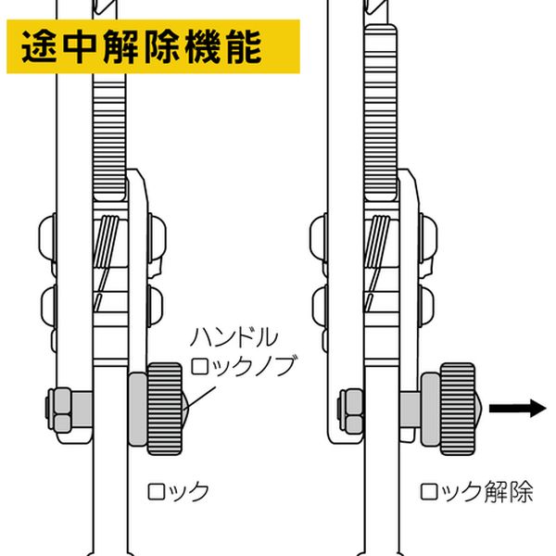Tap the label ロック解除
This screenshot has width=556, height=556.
tap(476, 490)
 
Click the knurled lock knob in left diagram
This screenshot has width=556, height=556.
tap(165, 408)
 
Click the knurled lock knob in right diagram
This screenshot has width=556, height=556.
tap(460, 407)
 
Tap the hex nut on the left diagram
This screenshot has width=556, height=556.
tap(64, 409)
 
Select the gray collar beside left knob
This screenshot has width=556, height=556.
tap(137, 408)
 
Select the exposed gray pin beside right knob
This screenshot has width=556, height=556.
tap(411, 407)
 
